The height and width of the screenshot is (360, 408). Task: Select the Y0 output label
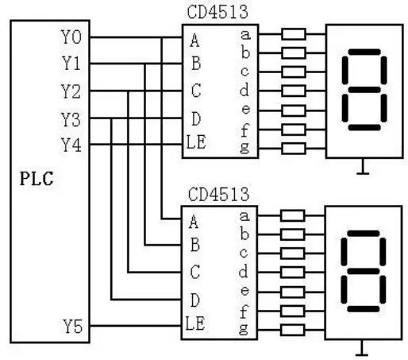click(71, 37)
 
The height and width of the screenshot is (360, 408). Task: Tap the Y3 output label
click(71, 118)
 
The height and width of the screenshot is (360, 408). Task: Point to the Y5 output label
click(71, 325)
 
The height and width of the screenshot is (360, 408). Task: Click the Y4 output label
click(71, 145)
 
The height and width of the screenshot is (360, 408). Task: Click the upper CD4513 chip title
click(220, 11)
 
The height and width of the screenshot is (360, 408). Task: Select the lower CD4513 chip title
click(219, 194)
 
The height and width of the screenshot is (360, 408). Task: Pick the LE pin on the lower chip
click(197, 325)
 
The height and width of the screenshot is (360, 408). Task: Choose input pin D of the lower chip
click(194, 300)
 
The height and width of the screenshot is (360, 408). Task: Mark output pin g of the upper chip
click(246, 147)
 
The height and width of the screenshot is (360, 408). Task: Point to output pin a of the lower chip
click(245, 215)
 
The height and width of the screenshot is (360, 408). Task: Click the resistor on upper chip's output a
click(294, 34)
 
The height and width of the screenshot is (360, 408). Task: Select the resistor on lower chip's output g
click(294, 328)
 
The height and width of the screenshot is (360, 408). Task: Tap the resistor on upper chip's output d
click(294, 91)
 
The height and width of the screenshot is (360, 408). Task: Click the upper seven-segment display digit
click(364, 92)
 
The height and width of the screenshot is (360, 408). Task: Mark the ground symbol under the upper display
click(364, 168)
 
